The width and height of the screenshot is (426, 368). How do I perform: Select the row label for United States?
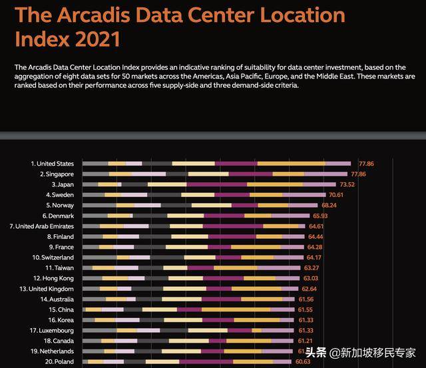[52, 164]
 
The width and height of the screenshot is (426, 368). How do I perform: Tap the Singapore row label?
[54, 174]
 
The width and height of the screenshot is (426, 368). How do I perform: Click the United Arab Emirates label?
[42, 226]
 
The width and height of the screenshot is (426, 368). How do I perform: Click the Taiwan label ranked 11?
[59, 268]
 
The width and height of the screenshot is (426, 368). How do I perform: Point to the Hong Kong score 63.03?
[311, 278]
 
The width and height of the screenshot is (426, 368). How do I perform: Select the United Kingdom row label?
[47, 289]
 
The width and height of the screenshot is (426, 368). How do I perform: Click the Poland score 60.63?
[303, 361]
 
